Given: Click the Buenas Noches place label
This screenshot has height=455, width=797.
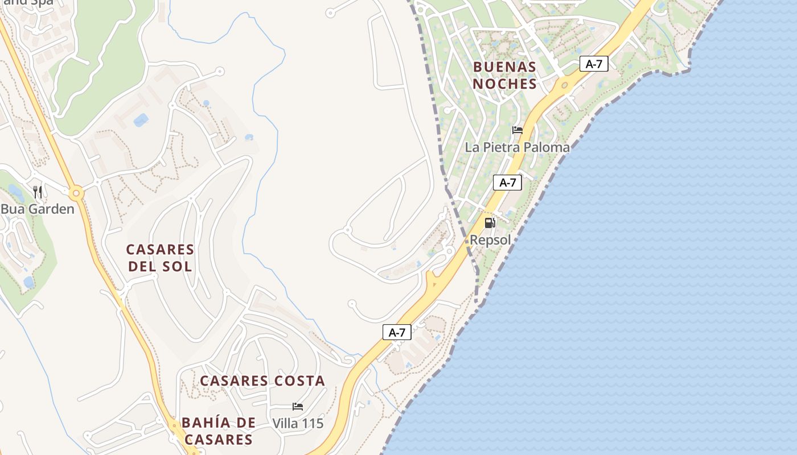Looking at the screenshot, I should pos(505,76).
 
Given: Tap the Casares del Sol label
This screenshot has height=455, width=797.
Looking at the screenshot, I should pos(160,258).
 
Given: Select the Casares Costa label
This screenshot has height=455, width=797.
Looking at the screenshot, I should pos(262,380).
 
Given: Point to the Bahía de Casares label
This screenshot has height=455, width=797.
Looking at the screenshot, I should pos(218,431).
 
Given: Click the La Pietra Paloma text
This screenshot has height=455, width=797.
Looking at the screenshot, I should pos(517,147).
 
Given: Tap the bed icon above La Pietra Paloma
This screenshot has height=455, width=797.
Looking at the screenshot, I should pos(517,130).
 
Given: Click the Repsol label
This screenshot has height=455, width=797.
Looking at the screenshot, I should pos(490,240).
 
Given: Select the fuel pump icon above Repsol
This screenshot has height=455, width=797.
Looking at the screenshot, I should pos(490,222).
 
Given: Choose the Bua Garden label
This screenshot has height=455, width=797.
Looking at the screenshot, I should pos(38,209).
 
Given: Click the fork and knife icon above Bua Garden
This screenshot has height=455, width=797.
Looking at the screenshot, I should pos(38,192).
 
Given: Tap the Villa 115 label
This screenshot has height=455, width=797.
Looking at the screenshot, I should pos(298,423).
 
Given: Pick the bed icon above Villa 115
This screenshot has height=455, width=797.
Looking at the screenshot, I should pos(298,406).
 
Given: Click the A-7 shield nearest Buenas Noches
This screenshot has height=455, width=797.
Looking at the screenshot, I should pos(594,64).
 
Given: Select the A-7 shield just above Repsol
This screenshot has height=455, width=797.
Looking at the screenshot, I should pos(507,183).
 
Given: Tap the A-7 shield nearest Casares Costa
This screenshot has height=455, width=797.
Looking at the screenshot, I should pos(396,333).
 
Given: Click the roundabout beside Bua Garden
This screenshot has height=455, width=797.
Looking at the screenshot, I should pos(76,194).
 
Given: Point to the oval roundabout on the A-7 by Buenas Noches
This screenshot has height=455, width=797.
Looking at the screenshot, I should pos(564,86).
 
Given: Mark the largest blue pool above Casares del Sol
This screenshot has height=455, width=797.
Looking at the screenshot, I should pos(140,120).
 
